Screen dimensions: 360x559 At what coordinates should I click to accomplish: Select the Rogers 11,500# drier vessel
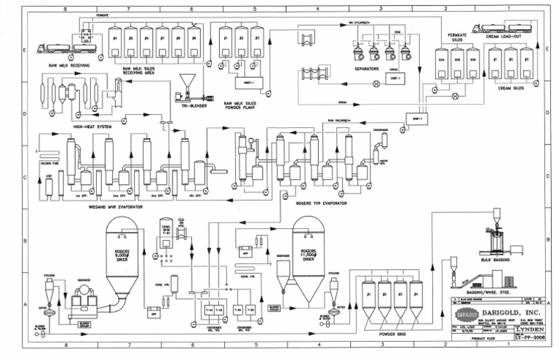pos(308,255)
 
